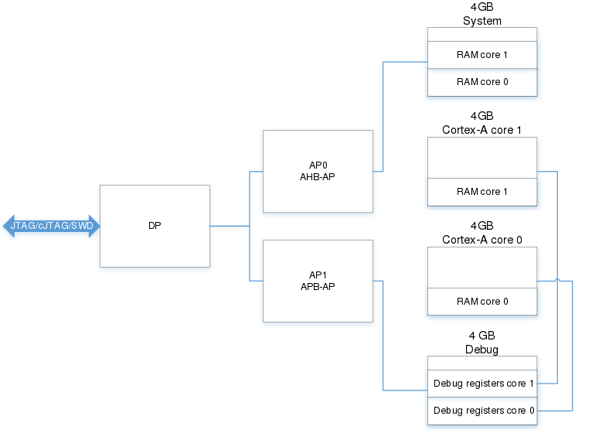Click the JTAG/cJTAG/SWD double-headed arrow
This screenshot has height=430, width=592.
pos(51,226)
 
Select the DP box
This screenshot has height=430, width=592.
pos(155,226)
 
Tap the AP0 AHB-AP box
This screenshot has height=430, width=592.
pos(318,171)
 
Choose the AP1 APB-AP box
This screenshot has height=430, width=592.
pos(318,281)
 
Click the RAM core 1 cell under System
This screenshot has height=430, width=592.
pos(482,55)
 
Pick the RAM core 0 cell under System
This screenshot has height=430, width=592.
pos(482,82)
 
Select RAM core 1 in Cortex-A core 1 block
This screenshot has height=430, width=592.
pos(482,192)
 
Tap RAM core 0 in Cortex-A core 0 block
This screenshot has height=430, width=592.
pos(482,302)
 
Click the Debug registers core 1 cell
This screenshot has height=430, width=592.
pos(482,384)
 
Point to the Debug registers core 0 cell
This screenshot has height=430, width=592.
pos(482,411)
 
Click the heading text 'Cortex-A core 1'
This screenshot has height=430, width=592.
pos(481,130)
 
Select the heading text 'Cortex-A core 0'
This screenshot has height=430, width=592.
pos(481,240)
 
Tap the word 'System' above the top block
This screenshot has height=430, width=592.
pos(482,21)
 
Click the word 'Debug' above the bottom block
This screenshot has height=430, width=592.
pos(481,349)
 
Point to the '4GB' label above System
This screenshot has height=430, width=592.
pos(481,7)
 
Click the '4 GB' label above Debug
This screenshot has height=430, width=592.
pos(481,336)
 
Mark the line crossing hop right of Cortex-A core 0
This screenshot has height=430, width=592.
pos(558,280)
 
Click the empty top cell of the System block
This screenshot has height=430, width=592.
pos(482,34)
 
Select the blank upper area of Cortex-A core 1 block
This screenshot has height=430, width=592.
pos(482,158)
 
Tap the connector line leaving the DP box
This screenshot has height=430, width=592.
pos(230,226)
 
